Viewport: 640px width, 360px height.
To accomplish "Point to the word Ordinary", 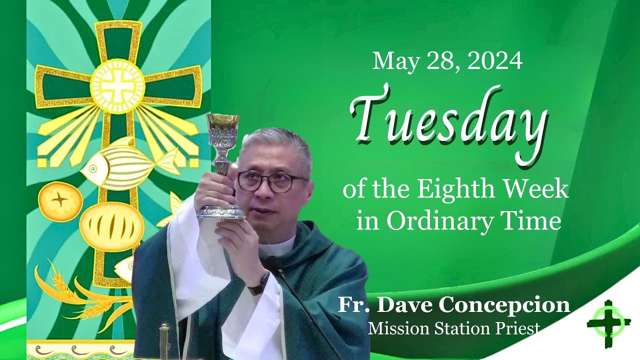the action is coord(439,221).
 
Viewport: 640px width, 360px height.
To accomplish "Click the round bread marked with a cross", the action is coord(60,202).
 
